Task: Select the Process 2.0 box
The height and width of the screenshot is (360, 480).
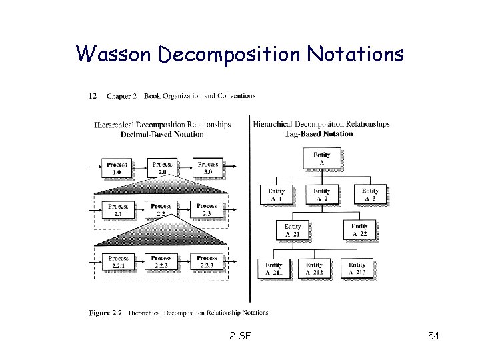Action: coord(162,168)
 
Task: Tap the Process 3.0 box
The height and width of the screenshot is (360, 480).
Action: coord(208,168)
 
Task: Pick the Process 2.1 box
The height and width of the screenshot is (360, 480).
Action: coord(118,210)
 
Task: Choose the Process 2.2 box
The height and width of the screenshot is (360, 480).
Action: coord(161,210)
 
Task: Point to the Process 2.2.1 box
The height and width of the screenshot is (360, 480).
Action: coord(119,262)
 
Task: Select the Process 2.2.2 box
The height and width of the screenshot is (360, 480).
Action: coord(161,262)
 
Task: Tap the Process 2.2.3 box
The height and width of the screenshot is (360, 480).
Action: coord(207,262)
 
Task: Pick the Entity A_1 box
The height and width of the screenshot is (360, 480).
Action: coord(276,195)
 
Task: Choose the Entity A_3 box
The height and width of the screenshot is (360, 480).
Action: coord(370,195)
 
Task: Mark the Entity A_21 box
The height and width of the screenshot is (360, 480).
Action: coord(292,231)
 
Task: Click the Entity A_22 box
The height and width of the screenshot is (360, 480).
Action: coord(359,231)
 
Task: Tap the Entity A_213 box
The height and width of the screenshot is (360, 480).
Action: coord(357,268)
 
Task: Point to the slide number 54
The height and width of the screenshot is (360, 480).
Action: coord(433,335)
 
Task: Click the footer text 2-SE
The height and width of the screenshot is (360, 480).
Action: coord(239,335)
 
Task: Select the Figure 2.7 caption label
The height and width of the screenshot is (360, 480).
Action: coord(107,312)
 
